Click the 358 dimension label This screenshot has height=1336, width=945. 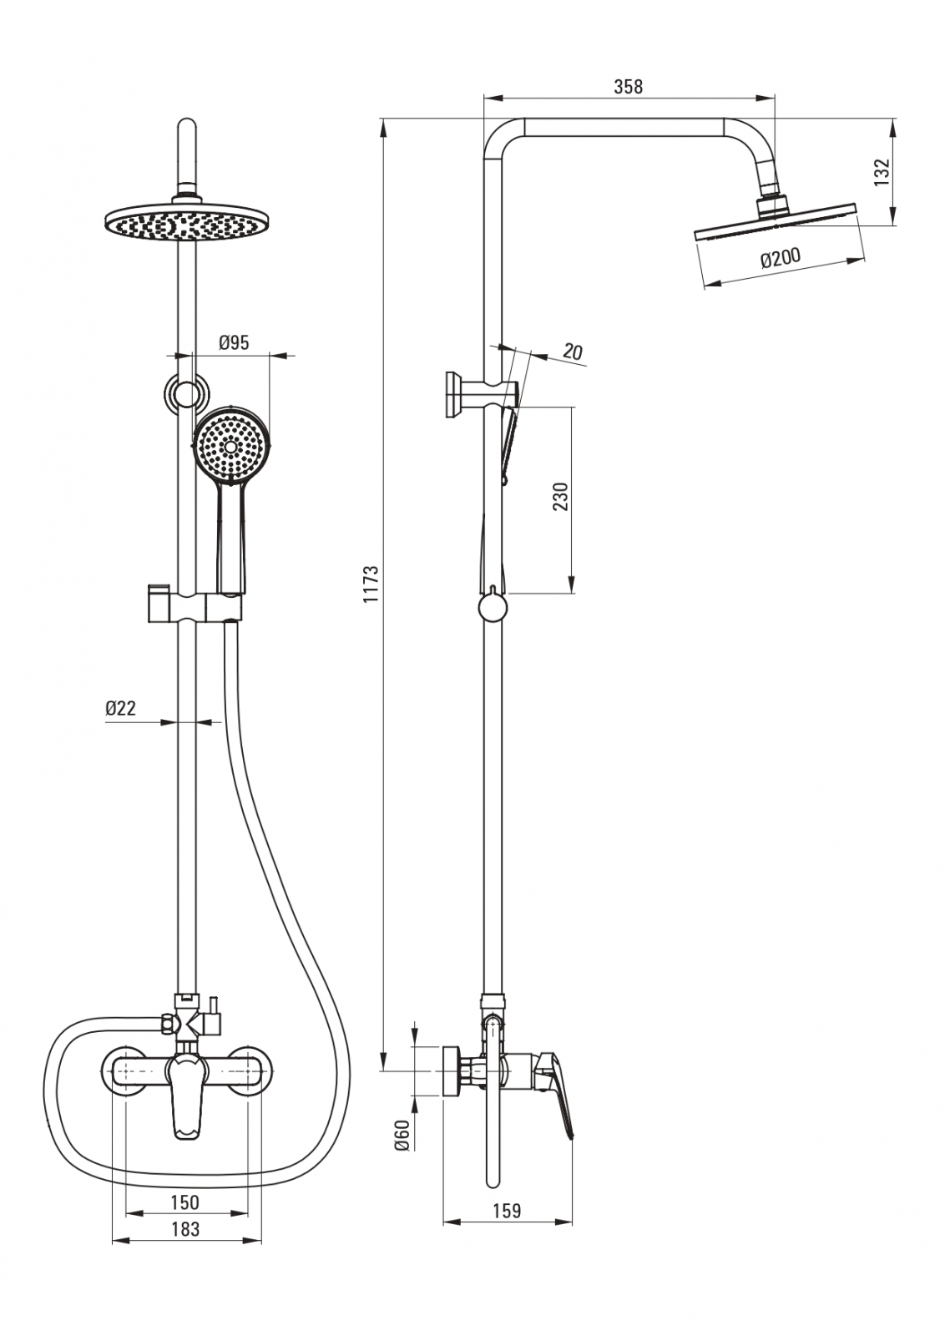coord(628,85)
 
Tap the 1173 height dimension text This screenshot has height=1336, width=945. coord(371,584)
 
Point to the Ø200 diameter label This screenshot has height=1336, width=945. coord(780,258)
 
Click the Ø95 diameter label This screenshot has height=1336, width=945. coord(234,343)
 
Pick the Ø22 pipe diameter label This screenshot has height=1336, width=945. coord(120,708)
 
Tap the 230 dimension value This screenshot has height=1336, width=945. coord(560,497)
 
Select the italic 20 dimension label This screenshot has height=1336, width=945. coord(572,352)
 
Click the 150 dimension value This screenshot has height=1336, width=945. coord(184,1202)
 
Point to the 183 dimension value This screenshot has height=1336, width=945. coord(184,1228)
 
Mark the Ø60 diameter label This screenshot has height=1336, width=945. coord(402,1136)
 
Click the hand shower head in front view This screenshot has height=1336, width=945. coord(233,445)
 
